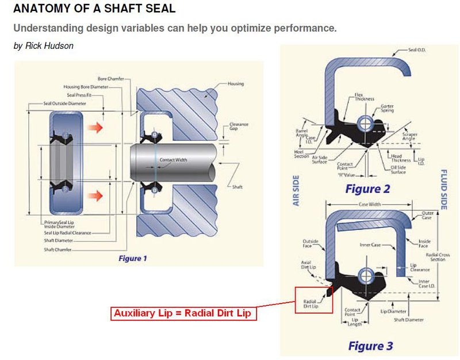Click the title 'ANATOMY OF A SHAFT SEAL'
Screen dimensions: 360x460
click(94, 9)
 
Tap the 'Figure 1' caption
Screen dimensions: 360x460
click(133, 258)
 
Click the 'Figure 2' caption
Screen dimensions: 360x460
click(368, 189)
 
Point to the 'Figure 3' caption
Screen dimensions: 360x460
click(370, 346)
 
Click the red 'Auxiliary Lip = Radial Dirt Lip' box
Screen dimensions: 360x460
click(183, 314)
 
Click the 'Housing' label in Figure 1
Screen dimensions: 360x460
click(236, 84)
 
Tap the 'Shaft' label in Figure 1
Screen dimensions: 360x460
click(237, 187)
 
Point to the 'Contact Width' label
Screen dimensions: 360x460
click(172, 159)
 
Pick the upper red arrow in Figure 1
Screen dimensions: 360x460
click(99, 127)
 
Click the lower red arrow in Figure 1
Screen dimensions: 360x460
click(99, 196)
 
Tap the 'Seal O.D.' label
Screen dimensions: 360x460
click(417, 50)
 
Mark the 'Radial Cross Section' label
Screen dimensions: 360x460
click(438, 256)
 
